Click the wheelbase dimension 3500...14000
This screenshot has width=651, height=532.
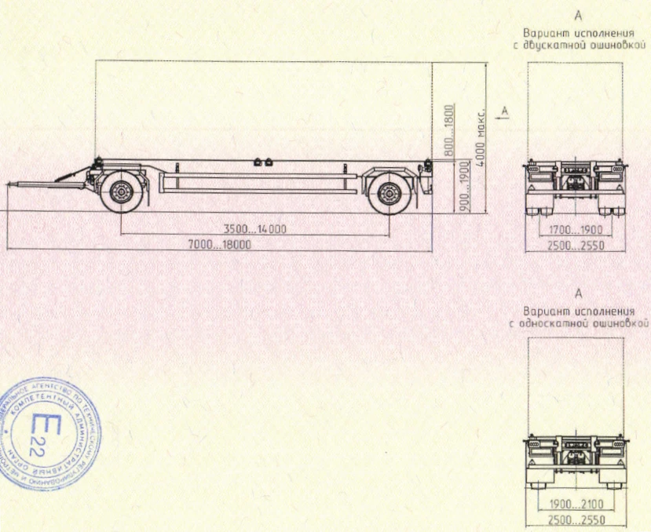click(x=254, y=229)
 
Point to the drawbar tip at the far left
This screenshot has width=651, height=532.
click(x=9, y=184)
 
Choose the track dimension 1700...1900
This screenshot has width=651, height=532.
click(x=576, y=230)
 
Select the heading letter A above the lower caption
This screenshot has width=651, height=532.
click(x=579, y=294)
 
